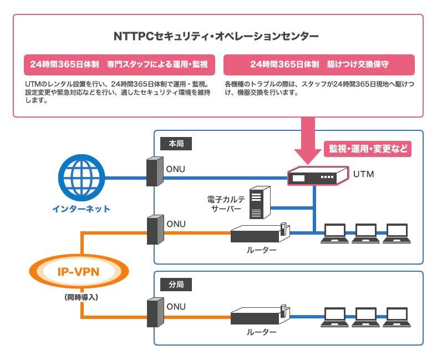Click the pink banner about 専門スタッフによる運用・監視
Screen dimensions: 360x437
point(119,64)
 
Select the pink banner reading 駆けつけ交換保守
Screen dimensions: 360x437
point(319,64)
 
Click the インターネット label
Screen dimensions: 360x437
point(82,209)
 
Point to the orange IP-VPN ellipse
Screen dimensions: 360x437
point(78,271)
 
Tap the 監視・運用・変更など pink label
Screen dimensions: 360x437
point(368,149)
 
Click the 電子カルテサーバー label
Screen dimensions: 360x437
point(225,204)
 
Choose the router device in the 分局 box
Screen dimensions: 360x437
point(260,316)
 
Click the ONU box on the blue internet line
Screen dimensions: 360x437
point(155,172)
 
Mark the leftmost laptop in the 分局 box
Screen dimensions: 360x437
point(334,317)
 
